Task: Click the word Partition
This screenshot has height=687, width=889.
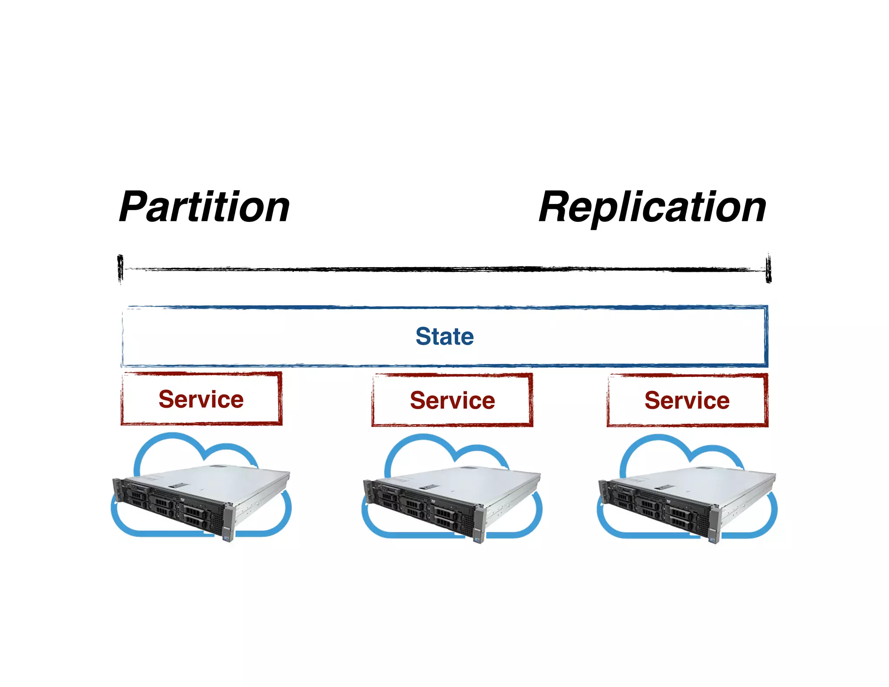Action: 204,208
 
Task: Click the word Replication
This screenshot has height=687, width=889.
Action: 652,208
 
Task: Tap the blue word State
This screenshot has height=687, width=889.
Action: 444,337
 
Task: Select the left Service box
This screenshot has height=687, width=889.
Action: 201,399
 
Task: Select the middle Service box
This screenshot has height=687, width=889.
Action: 452,400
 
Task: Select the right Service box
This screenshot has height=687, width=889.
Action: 687,400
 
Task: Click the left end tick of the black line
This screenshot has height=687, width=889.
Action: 120,268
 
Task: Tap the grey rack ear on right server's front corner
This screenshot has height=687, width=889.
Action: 714,524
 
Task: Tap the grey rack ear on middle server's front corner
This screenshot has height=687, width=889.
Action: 479,524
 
